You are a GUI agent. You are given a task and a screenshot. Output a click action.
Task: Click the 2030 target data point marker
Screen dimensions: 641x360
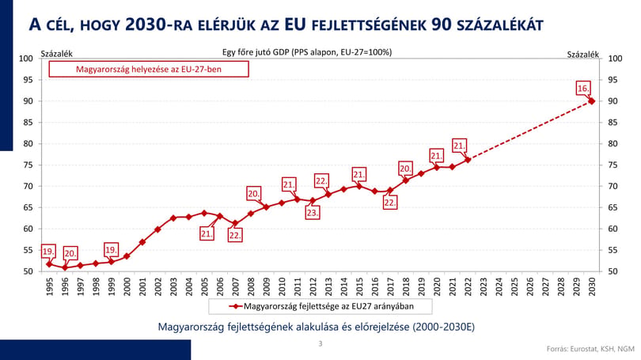pos(591,101)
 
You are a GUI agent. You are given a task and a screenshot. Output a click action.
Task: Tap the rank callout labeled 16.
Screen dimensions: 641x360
pos(583,89)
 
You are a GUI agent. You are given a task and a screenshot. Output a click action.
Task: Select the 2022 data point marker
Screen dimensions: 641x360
pos(468,160)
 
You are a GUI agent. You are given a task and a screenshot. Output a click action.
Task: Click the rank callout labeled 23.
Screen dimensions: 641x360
pos(313,213)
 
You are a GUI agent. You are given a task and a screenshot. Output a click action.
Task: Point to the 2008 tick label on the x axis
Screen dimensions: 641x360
pos(251,287)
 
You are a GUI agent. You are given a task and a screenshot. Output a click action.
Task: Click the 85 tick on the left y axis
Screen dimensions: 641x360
pos(28,122)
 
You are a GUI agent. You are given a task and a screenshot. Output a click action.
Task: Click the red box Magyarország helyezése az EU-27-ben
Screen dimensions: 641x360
pos(149,69)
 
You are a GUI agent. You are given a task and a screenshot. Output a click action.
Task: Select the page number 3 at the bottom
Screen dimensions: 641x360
pos(320,343)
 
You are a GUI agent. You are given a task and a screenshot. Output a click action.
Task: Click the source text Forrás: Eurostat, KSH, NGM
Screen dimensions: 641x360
pos(590,349)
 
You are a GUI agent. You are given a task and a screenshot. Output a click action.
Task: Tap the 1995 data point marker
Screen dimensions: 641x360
pos(50,264)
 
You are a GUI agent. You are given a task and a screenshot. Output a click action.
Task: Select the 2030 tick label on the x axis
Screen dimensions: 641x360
pos(591,287)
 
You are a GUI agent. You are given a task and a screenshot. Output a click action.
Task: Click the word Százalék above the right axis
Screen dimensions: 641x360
pos(582,54)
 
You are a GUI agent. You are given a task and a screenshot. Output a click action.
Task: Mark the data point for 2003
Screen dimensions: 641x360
pos(173,218)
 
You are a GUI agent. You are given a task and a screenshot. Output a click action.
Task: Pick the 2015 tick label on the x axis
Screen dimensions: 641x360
pos(359,287)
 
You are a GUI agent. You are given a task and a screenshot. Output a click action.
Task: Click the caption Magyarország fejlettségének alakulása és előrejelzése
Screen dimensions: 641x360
pos(317,327)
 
